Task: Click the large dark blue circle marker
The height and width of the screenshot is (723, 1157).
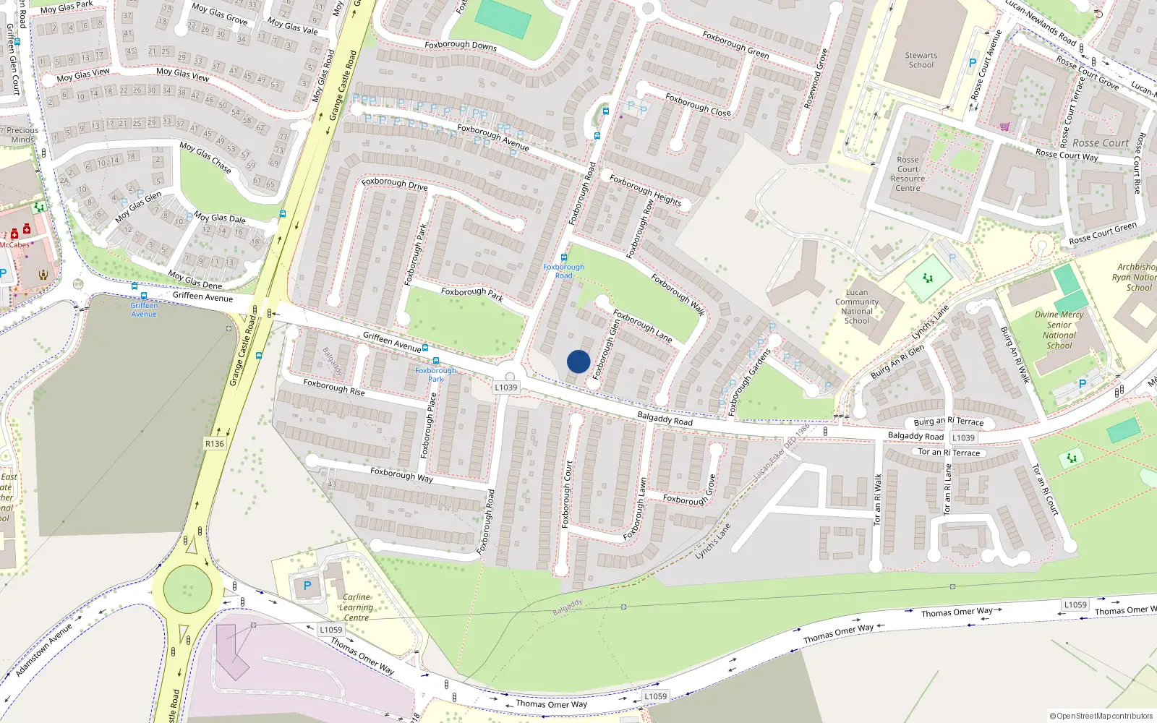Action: point(578,361)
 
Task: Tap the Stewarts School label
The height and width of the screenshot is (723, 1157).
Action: point(921,60)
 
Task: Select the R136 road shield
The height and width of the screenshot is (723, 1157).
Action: point(215,443)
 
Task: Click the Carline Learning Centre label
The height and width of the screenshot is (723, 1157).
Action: point(356,607)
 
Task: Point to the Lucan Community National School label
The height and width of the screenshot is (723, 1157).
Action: point(857,307)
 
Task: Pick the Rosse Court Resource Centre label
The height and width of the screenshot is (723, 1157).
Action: point(908,174)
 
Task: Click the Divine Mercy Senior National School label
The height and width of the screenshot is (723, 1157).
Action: point(1059,330)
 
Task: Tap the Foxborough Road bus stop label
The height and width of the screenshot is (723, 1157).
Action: point(563,271)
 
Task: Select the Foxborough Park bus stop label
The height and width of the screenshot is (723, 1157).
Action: point(435,375)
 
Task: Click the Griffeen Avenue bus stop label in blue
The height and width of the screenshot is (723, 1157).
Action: point(144,309)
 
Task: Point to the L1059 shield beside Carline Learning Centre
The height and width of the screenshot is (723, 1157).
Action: point(331,630)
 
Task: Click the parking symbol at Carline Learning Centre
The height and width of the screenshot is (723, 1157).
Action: point(307,586)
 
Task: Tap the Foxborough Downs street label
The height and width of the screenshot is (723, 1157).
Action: point(461,45)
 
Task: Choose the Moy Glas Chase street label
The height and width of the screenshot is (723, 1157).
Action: point(205,158)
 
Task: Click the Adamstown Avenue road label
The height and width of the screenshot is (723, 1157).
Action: point(45,649)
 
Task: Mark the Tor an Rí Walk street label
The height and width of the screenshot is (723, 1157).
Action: point(877,499)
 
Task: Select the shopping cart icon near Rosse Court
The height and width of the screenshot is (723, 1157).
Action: point(1004,127)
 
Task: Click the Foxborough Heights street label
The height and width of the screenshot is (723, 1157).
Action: point(645,190)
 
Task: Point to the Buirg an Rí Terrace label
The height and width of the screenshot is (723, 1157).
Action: point(948,422)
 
